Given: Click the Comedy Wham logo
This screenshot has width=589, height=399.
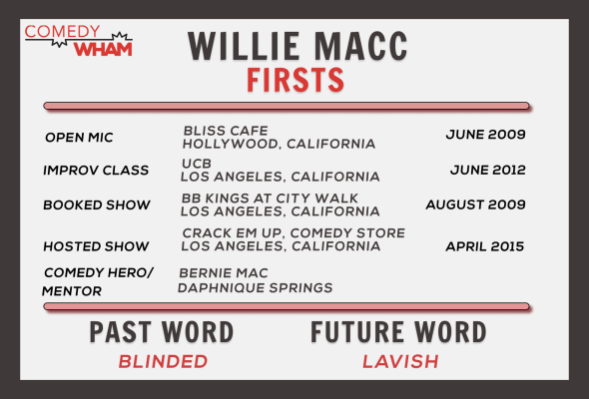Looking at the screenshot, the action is [x=79, y=41].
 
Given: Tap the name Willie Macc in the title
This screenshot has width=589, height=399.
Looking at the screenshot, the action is [x=297, y=46].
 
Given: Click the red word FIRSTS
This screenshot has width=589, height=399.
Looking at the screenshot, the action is [x=295, y=80].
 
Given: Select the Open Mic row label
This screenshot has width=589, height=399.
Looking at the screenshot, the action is [x=79, y=138].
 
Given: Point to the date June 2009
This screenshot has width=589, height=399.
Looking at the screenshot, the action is [x=486, y=135].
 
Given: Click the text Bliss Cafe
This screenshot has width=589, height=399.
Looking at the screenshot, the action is [x=226, y=131].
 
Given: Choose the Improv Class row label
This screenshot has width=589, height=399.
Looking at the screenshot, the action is [x=96, y=170].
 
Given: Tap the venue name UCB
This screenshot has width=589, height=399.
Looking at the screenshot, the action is [x=197, y=164].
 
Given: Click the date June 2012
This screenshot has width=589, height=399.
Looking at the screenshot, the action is [x=488, y=170].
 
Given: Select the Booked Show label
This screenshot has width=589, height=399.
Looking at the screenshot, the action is [x=97, y=204].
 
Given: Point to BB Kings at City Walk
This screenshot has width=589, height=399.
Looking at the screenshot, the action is [x=270, y=199].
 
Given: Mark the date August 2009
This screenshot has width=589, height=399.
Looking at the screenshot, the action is [x=475, y=204].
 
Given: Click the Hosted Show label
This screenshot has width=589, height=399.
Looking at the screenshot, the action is [x=96, y=246].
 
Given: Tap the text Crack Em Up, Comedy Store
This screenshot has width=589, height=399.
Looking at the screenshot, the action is [x=294, y=233].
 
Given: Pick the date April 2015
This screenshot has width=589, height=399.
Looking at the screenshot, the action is [x=485, y=246].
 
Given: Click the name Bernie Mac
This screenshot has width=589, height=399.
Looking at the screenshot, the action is [x=224, y=273].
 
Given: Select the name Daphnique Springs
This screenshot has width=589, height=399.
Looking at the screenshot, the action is [x=255, y=288].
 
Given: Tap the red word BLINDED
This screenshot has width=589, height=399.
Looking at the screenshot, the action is [x=163, y=362].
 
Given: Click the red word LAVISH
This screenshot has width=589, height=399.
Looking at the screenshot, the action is [x=400, y=362].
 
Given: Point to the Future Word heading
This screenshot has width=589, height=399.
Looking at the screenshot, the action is [x=398, y=332].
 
